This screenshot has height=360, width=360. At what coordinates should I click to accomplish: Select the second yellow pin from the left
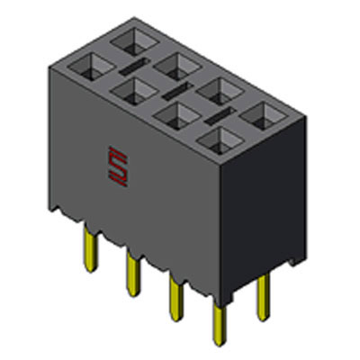point(133,269)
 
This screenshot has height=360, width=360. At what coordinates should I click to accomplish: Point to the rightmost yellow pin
point(262,296)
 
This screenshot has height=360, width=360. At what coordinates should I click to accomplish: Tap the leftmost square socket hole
point(88,66)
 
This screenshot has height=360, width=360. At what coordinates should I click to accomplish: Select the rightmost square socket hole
point(262,113)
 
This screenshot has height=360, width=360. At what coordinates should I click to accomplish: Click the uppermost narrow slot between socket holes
point(133,67)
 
